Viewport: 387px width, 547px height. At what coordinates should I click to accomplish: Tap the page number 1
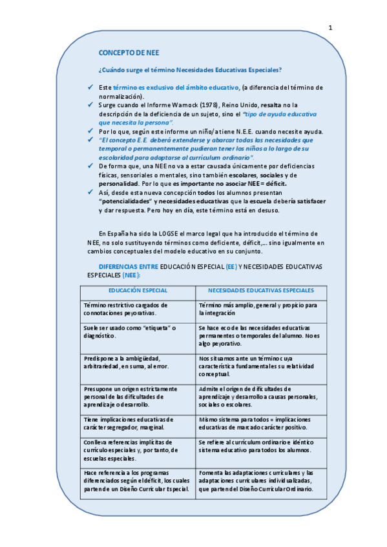pyautogui.click(x=331, y=28)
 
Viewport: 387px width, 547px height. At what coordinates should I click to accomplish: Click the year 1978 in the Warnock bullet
pyautogui.click(x=207, y=104)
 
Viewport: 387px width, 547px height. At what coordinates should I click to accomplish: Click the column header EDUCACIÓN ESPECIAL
pyautogui.click(x=138, y=291)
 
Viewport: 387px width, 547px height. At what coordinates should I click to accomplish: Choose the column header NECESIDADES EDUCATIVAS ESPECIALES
pyautogui.click(x=261, y=291)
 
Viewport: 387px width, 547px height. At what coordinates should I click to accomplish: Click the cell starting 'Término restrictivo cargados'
pyautogui.click(x=138, y=309)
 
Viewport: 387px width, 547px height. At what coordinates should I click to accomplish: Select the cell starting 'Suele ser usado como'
pyautogui.click(x=138, y=333)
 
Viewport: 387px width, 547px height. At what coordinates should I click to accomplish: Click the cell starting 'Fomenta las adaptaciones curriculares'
pyautogui.click(x=261, y=481)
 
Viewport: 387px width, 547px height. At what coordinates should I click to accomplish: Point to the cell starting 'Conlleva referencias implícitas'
pyautogui.click(x=138, y=450)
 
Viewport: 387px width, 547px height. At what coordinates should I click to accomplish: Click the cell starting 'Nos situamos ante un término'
pyautogui.click(x=261, y=366)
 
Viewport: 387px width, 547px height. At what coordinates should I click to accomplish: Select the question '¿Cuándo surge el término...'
pyautogui.click(x=190, y=70)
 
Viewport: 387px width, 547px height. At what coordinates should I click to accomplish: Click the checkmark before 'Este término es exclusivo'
pyautogui.click(x=90, y=87)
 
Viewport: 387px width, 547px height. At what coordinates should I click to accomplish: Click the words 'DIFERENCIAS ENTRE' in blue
pyautogui.click(x=128, y=266)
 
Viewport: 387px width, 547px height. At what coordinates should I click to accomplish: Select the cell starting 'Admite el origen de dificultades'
pyautogui.click(x=261, y=396)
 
